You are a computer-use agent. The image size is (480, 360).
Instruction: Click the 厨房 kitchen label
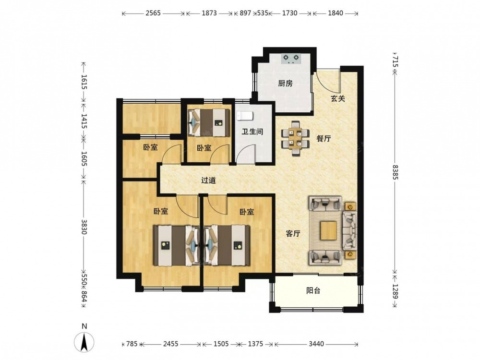[x=285, y=83]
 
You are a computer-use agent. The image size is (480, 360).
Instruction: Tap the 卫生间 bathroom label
[x=252, y=132]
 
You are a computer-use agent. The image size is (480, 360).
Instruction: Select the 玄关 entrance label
[x=338, y=98]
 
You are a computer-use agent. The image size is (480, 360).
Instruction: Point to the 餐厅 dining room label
[x=324, y=138]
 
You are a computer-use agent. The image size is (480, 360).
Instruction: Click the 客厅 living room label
[x=293, y=234]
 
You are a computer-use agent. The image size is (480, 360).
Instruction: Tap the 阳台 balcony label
[x=313, y=290]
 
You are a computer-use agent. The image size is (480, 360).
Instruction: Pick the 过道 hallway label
[x=208, y=180]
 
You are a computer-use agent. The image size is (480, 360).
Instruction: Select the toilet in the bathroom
[x=245, y=116]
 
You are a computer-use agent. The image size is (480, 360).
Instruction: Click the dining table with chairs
[x=295, y=138]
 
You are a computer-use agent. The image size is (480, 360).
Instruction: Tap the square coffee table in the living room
[x=329, y=230]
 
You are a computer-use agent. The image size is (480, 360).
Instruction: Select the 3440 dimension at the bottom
[x=316, y=344]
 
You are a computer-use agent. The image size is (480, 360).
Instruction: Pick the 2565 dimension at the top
[x=153, y=13]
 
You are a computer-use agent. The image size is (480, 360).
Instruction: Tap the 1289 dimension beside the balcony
[x=395, y=292]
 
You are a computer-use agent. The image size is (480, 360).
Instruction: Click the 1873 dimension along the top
[x=209, y=13]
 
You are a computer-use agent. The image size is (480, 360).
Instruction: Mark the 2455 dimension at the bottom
[x=170, y=344]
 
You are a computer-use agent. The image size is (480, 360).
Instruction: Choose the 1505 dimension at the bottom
[x=221, y=344]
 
